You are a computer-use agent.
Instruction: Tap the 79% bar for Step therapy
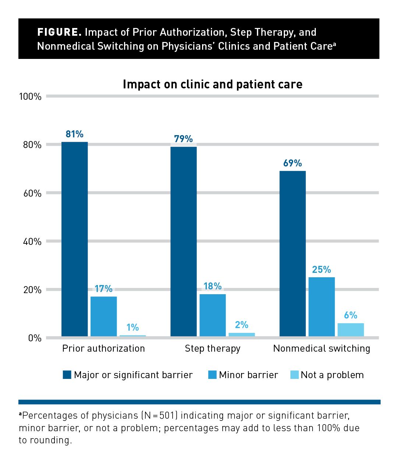pyautogui.click(x=183, y=241)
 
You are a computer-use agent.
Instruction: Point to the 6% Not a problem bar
pyautogui.click(x=350, y=330)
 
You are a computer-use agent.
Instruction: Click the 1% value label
pyautogui.click(x=133, y=327)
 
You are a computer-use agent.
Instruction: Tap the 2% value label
pyautogui.click(x=241, y=325)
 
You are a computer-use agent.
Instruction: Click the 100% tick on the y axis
pyautogui.click(x=30, y=96)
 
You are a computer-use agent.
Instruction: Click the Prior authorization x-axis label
pyautogui.click(x=103, y=348)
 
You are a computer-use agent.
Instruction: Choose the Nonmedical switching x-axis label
pyautogui.click(x=321, y=348)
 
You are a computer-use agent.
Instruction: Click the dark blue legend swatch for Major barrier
pyautogui.click(x=67, y=375)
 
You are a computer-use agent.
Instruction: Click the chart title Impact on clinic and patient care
pyautogui.click(x=212, y=84)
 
